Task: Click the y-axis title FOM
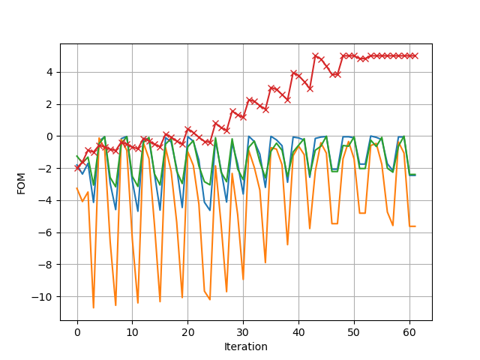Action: point(21,182)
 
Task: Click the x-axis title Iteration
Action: point(246,346)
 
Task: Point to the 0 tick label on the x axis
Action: point(77,332)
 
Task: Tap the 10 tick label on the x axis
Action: point(132,332)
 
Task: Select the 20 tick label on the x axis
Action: point(187,332)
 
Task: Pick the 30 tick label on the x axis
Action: point(243,332)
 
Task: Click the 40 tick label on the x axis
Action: point(298,332)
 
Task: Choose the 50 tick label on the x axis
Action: point(354,332)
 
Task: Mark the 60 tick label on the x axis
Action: point(409,332)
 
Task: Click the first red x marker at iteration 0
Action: point(77,168)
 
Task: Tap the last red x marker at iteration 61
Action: point(415,55)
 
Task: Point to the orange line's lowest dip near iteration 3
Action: point(94,307)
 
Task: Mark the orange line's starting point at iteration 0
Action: point(77,187)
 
